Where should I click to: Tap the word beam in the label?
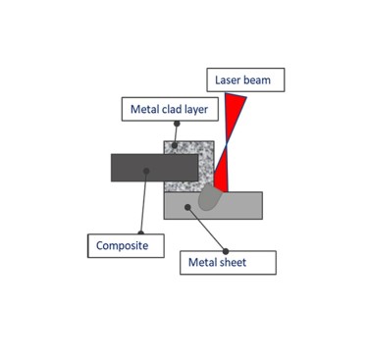coord(263,77)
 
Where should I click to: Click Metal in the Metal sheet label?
coord(208,263)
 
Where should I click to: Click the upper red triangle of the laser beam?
coord(236,116)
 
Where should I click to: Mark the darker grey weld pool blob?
coord(208,199)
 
